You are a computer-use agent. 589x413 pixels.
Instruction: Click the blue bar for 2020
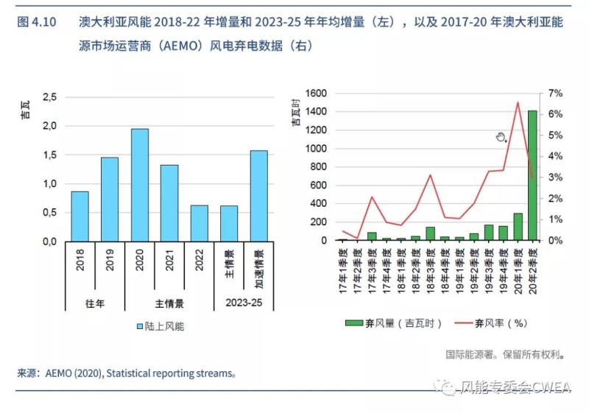[140, 185]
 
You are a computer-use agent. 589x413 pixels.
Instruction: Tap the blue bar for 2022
[200, 222]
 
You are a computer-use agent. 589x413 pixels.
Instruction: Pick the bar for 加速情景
[258, 195]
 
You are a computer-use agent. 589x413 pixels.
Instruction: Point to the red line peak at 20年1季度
[518, 102]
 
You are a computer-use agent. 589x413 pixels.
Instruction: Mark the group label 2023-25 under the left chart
[244, 302]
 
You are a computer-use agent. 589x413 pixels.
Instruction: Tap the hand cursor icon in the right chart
[501, 137]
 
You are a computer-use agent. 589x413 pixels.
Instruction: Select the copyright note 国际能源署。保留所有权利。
[505, 354]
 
